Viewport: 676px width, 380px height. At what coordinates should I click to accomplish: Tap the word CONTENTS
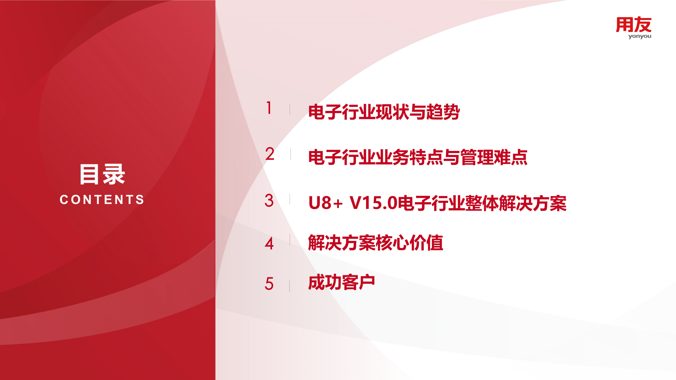(102, 199)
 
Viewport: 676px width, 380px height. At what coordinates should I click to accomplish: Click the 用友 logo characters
(633, 25)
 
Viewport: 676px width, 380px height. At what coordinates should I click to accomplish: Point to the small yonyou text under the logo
(640, 36)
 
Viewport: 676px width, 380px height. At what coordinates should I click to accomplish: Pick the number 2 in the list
(270, 154)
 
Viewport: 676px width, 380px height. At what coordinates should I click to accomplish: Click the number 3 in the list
(269, 201)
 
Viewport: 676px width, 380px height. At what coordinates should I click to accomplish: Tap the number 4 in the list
(269, 243)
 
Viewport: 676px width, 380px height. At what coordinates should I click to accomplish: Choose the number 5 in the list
(269, 284)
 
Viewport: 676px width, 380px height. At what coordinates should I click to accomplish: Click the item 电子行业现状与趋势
(384, 112)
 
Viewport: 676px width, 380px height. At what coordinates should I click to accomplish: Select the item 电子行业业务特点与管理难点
(418, 157)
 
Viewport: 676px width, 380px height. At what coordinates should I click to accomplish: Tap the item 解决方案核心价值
(375, 243)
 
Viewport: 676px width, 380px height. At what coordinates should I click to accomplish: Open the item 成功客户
(341, 282)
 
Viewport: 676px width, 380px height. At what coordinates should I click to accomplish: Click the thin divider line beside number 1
(290, 109)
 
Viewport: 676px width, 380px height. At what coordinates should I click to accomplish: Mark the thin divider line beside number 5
(290, 286)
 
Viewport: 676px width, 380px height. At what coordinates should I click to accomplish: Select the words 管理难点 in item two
(494, 157)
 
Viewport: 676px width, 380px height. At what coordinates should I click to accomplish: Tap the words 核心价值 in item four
(409, 243)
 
